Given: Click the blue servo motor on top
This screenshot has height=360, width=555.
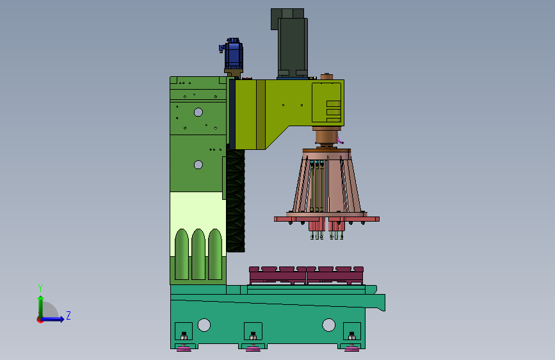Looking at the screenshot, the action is [232, 54].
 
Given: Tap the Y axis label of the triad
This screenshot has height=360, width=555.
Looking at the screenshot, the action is [40, 288].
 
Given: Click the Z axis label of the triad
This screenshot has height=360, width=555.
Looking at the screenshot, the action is [68, 315].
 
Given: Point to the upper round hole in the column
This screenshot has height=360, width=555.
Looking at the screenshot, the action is [198, 112].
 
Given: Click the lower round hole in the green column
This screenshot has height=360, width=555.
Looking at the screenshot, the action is [198, 165].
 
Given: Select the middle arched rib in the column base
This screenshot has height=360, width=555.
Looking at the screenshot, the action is [198, 254].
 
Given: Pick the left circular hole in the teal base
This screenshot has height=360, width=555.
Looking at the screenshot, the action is [204, 325].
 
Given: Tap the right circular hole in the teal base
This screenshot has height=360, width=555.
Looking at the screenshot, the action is [328, 325].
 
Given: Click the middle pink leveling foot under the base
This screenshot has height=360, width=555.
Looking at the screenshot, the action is [253, 349].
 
